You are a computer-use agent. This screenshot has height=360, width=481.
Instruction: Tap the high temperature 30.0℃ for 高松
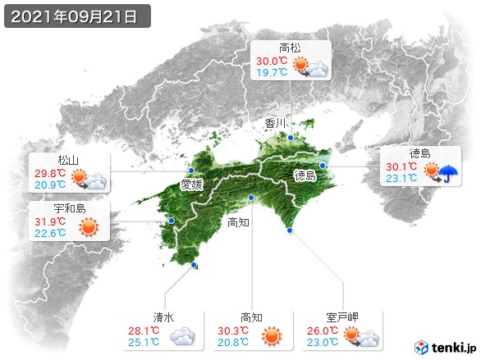(x=272, y=61)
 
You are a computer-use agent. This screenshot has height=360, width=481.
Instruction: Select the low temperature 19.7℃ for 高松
(x=272, y=73)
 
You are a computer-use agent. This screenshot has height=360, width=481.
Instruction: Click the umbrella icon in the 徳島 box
(x=448, y=172)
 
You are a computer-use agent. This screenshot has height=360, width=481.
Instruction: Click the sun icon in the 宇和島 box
(x=86, y=227)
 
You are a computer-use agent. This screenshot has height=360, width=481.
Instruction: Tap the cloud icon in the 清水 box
(x=181, y=335)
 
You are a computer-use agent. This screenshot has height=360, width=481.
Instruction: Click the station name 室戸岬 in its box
(x=342, y=317)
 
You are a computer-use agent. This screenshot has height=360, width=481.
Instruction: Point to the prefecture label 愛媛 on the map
(x=192, y=185)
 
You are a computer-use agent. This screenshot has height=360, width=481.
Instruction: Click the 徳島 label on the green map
(x=305, y=175)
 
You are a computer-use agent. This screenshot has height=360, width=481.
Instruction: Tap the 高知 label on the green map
(x=238, y=222)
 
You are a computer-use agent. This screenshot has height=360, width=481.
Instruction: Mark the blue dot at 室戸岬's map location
(x=290, y=231)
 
